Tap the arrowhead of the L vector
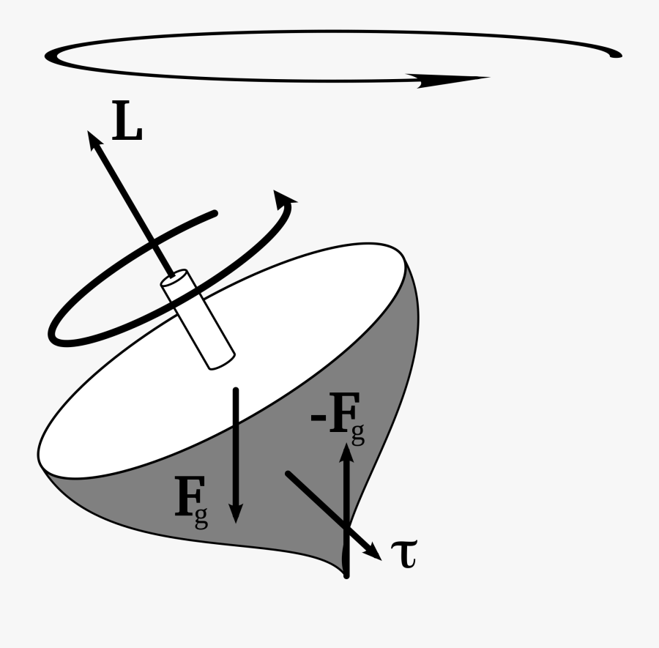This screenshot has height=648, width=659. click(93, 139)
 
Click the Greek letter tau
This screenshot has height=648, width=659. click(404, 554)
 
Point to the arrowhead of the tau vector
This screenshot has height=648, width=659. click(375, 553)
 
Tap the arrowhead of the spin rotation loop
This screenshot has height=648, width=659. click(288, 199)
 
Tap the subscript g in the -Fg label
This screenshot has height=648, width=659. click(357, 436)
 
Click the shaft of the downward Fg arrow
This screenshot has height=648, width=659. click(236, 447)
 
